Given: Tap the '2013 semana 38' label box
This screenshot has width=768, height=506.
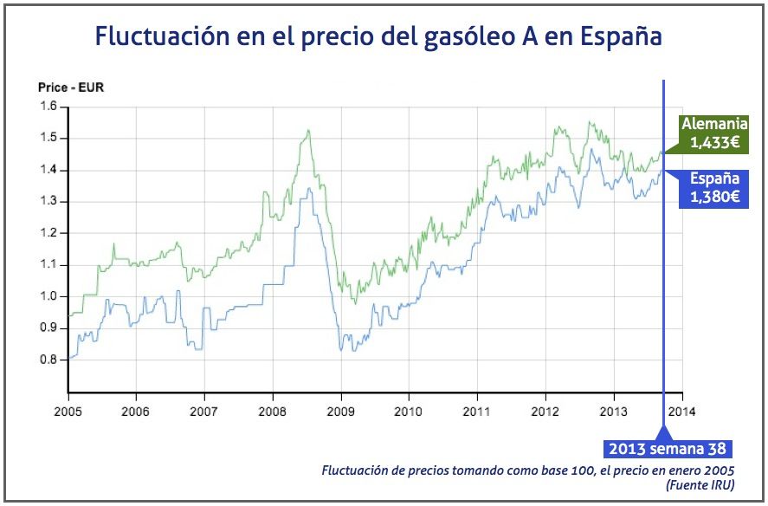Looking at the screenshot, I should pyautogui.click(x=667, y=449).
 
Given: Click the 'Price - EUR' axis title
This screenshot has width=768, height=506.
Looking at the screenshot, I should pyautogui.click(x=70, y=87).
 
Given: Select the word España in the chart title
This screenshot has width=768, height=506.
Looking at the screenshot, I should pyautogui.click(x=622, y=37).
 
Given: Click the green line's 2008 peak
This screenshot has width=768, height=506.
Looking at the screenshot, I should pyautogui.click(x=308, y=130).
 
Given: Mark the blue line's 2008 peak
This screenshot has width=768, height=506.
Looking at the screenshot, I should pyautogui.click(x=305, y=188).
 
